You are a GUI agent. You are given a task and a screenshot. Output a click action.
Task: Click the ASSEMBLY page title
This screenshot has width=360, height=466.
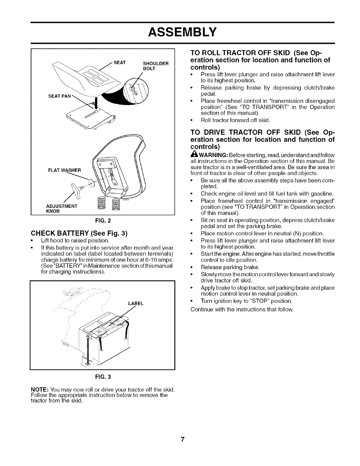[x=180, y=31]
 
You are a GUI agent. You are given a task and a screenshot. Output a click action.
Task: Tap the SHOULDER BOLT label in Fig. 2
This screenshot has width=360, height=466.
[x=155, y=65]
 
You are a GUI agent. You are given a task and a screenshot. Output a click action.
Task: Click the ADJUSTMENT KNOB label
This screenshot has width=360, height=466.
[x=59, y=208]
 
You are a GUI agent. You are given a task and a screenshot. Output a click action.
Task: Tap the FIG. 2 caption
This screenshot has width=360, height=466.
[x=103, y=220]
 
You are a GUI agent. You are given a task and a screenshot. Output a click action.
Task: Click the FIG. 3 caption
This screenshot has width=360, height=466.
[x=103, y=377]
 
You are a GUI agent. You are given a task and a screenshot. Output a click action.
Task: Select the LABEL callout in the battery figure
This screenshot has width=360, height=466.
[x=136, y=303]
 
